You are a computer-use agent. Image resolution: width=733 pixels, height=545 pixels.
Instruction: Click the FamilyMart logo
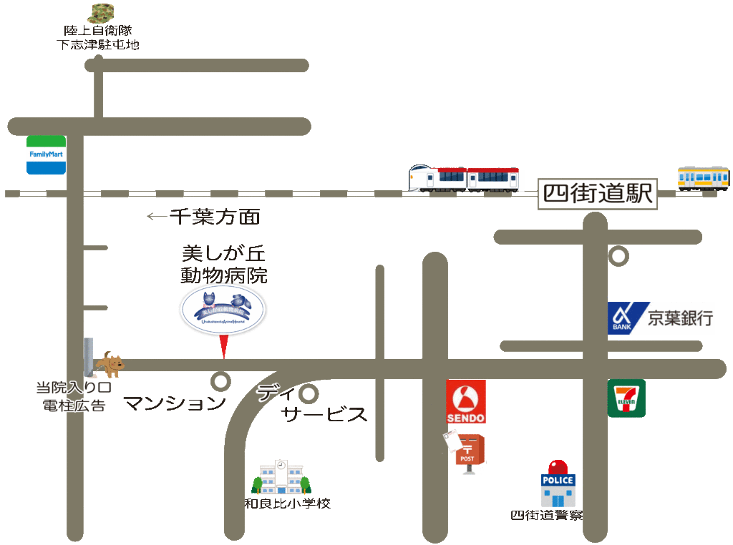coord(47,154)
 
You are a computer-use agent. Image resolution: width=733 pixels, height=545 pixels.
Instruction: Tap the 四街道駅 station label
coord(598,194)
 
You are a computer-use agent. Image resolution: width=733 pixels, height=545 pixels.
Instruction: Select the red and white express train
coord(464,178)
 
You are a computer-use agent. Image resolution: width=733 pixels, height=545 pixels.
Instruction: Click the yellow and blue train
coord(704,178)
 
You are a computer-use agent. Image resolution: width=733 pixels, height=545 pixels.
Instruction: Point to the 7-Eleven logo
coord(626,398)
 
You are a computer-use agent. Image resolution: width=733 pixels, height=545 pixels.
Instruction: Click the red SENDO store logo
coord(466,401)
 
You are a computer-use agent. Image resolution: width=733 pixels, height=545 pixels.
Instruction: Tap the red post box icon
coord(470,453)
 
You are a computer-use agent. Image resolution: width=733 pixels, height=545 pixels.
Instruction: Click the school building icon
coord(281,477)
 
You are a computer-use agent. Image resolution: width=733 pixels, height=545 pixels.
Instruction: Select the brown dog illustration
coord(110,364)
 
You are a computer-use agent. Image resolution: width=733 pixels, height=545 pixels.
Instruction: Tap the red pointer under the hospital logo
coord(223,346)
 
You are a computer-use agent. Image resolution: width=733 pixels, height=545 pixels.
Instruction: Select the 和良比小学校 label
coord(288,504)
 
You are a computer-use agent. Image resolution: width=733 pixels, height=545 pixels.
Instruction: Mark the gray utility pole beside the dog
coord(89,358)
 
